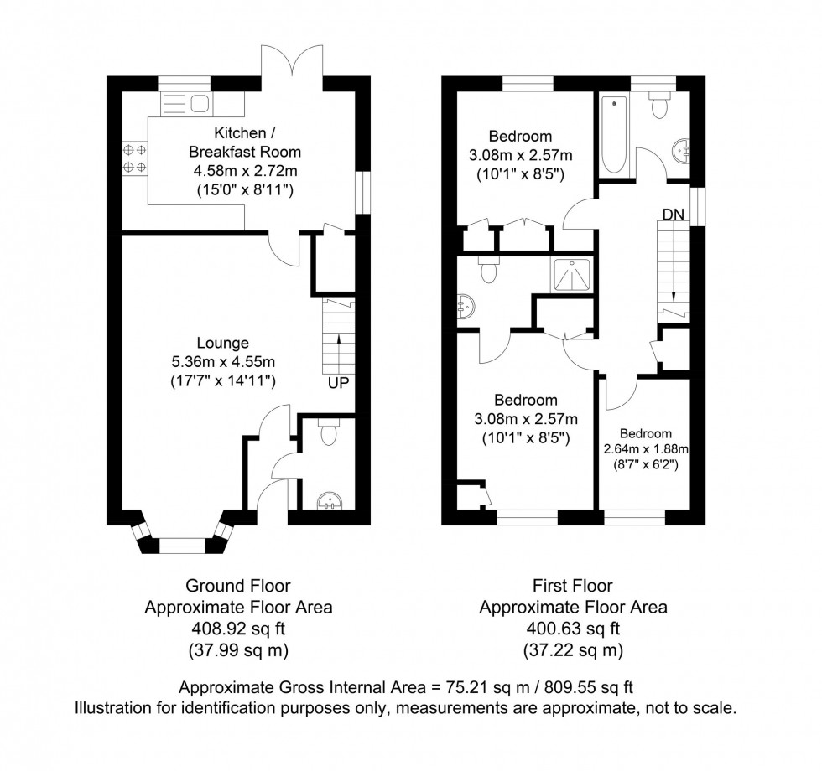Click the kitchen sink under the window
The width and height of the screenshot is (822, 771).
pos(187,103)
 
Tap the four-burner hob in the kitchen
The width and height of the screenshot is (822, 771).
pos(134,159)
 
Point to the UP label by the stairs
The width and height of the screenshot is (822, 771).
pos(339,383)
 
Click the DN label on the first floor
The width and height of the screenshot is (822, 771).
pos(674,215)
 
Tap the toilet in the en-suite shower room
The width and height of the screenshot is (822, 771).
pos(486,270)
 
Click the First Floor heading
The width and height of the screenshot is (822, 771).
pos(574,586)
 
